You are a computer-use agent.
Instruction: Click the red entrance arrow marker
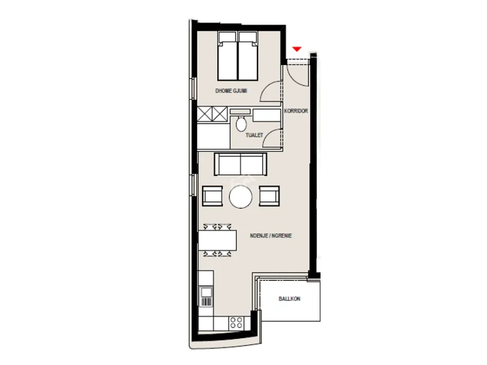click(297, 49)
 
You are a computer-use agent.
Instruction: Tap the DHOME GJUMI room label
click(231, 91)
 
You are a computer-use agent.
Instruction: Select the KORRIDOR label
click(296, 111)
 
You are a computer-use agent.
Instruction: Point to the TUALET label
click(254, 135)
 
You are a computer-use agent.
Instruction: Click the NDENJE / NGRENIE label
click(271, 236)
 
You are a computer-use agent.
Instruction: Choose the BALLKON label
click(290, 299)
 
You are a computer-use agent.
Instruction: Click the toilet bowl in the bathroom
click(241, 124)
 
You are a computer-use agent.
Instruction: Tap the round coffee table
click(241, 197)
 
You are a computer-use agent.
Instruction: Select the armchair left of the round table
click(212, 196)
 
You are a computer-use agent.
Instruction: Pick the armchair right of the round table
click(269, 196)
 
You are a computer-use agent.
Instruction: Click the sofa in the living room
click(240, 165)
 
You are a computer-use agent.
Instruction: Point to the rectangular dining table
click(217, 240)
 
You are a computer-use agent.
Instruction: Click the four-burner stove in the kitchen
click(236, 323)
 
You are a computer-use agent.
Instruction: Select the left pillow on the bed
click(228, 38)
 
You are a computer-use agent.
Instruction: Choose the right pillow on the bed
click(248, 38)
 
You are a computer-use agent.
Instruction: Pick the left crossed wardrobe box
click(205, 114)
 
